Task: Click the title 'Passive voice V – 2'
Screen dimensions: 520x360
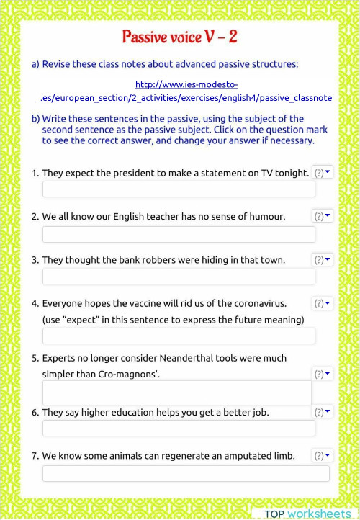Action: coord(179,37)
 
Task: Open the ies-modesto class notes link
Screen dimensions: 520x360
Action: coord(186,91)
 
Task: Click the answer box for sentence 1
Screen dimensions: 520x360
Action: coord(179,189)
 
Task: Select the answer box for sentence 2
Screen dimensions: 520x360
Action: coord(179,234)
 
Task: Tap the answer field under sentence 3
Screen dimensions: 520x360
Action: coord(179,277)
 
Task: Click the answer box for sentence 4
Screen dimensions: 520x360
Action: coord(179,336)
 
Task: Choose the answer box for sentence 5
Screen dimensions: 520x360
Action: coord(176,393)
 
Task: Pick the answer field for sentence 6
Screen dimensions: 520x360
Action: coord(179,429)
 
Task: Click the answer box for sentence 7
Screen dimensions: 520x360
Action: coord(186,473)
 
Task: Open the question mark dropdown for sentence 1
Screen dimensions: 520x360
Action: coord(323,173)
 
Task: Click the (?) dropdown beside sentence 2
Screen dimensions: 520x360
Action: coord(322,216)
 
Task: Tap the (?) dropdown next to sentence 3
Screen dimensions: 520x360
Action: coord(322,259)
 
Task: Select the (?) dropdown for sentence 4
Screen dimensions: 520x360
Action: coord(322,303)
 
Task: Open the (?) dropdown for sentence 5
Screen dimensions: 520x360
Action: coord(322,374)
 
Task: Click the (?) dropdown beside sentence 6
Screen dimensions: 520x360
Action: coord(322,412)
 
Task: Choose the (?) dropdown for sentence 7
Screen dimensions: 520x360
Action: coord(322,455)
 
